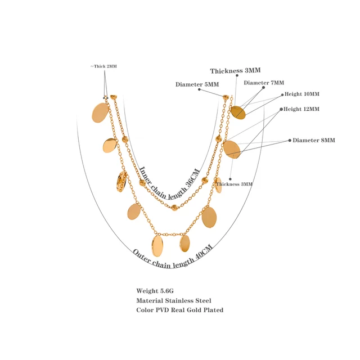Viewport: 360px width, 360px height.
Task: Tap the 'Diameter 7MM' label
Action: tap(264, 83)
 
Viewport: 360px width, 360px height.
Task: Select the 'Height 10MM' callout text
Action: tap(301, 94)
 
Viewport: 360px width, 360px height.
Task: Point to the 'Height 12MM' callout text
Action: tap(301, 109)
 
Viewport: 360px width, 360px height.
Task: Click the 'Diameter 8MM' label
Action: tap(313, 140)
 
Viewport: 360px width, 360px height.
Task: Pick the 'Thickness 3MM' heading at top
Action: tap(236, 71)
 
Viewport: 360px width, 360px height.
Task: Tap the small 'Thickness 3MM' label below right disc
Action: tap(234, 184)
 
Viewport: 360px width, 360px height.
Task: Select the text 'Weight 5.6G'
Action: tap(155, 291)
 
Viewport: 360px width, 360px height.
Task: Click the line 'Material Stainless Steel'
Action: tap(173, 300)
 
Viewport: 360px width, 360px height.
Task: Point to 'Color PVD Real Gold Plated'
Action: tap(179, 310)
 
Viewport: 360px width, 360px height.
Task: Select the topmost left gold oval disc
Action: tap(100, 112)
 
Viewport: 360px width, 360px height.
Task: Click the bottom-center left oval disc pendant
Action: tap(157, 246)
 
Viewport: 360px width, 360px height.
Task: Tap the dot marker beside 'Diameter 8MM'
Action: tap(289, 140)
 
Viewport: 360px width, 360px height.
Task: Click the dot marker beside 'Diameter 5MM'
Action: tap(199, 89)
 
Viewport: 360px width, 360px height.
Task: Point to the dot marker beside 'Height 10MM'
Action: tap(281, 94)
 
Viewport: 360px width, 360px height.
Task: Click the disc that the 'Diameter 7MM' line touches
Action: tap(238, 112)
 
